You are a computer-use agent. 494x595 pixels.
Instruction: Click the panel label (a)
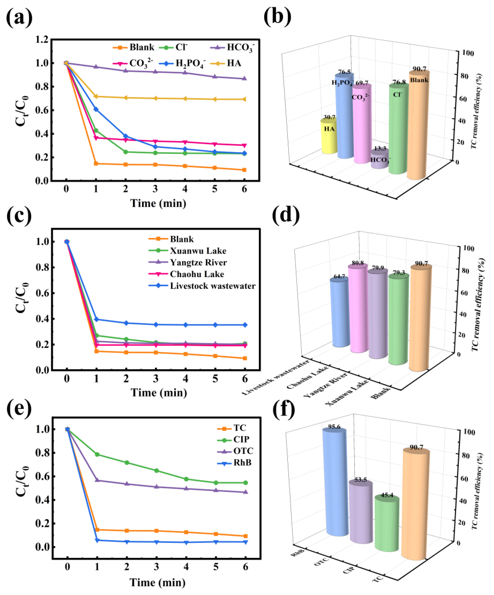pyautogui.click(x=19, y=18)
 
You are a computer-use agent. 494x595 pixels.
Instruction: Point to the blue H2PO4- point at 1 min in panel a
pyautogui.click(x=96, y=109)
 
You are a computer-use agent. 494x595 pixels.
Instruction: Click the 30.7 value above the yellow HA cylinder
pyautogui.click(x=329, y=117)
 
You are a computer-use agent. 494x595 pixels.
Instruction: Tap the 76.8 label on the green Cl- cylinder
pyautogui.click(x=399, y=82)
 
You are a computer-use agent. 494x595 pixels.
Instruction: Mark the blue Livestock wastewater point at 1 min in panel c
pyautogui.click(x=96, y=319)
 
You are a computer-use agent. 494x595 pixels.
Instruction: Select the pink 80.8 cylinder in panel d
pyautogui.click(x=358, y=309)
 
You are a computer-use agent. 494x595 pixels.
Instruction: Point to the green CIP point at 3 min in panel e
pyautogui.click(x=156, y=471)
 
